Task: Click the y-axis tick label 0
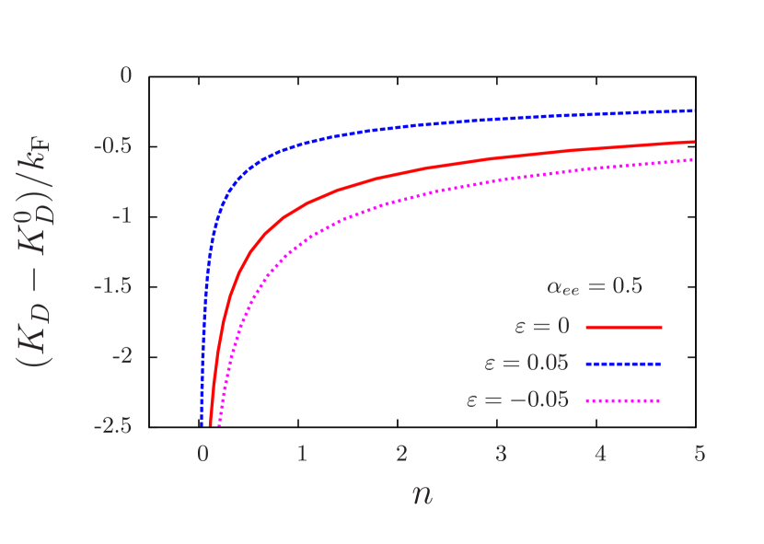pos(126,75)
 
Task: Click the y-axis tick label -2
pos(122,355)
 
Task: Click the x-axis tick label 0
pos(203,453)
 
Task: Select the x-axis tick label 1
pos(302,453)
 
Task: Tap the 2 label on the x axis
pos(401,453)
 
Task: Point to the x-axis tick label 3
pos(501,453)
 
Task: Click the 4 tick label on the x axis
pos(600,453)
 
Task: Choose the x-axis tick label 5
pos(700,453)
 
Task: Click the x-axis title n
pos(422,494)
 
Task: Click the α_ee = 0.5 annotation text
pos(595,286)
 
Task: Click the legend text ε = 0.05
pos(527,363)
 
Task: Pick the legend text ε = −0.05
pos(518,399)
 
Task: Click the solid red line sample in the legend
pos(623,327)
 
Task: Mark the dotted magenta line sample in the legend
pos(623,400)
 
